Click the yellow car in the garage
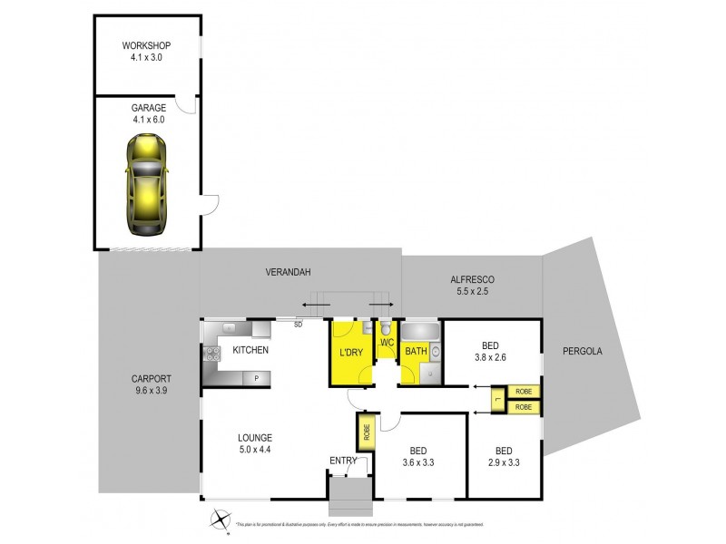[x=147, y=180]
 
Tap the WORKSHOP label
[x=147, y=45]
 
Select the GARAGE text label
[x=147, y=107]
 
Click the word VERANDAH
[x=282, y=271]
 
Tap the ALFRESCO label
[x=473, y=279]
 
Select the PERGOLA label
[x=582, y=351]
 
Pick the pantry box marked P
[x=256, y=378]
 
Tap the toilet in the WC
[x=386, y=328]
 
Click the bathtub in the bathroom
[x=419, y=331]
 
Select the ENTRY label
[x=343, y=461]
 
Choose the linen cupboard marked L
[x=496, y=398]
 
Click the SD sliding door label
[x=298, y=323]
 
